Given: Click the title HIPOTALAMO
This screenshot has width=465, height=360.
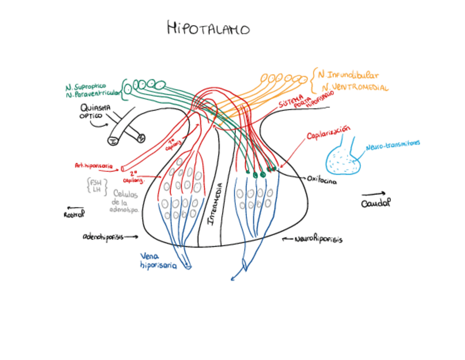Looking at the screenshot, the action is pos(208,28).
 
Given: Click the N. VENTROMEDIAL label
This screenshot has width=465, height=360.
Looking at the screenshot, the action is pos(355,88).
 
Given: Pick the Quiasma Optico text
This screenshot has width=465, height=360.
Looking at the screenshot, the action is pos(96,111).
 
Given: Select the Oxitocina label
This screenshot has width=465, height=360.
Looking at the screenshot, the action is pos(322,179).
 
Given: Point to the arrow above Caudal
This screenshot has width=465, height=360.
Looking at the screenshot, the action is pos(373,193).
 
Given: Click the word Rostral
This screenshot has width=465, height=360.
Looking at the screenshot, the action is pos(74,215).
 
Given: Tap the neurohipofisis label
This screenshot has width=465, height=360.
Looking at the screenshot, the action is pos(318,240).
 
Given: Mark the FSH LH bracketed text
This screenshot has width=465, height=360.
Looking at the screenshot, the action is pos(97,185).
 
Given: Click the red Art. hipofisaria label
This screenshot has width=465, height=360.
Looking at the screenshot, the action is pos(93,165).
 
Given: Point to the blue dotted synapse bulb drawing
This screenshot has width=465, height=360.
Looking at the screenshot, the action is pos(343,158).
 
